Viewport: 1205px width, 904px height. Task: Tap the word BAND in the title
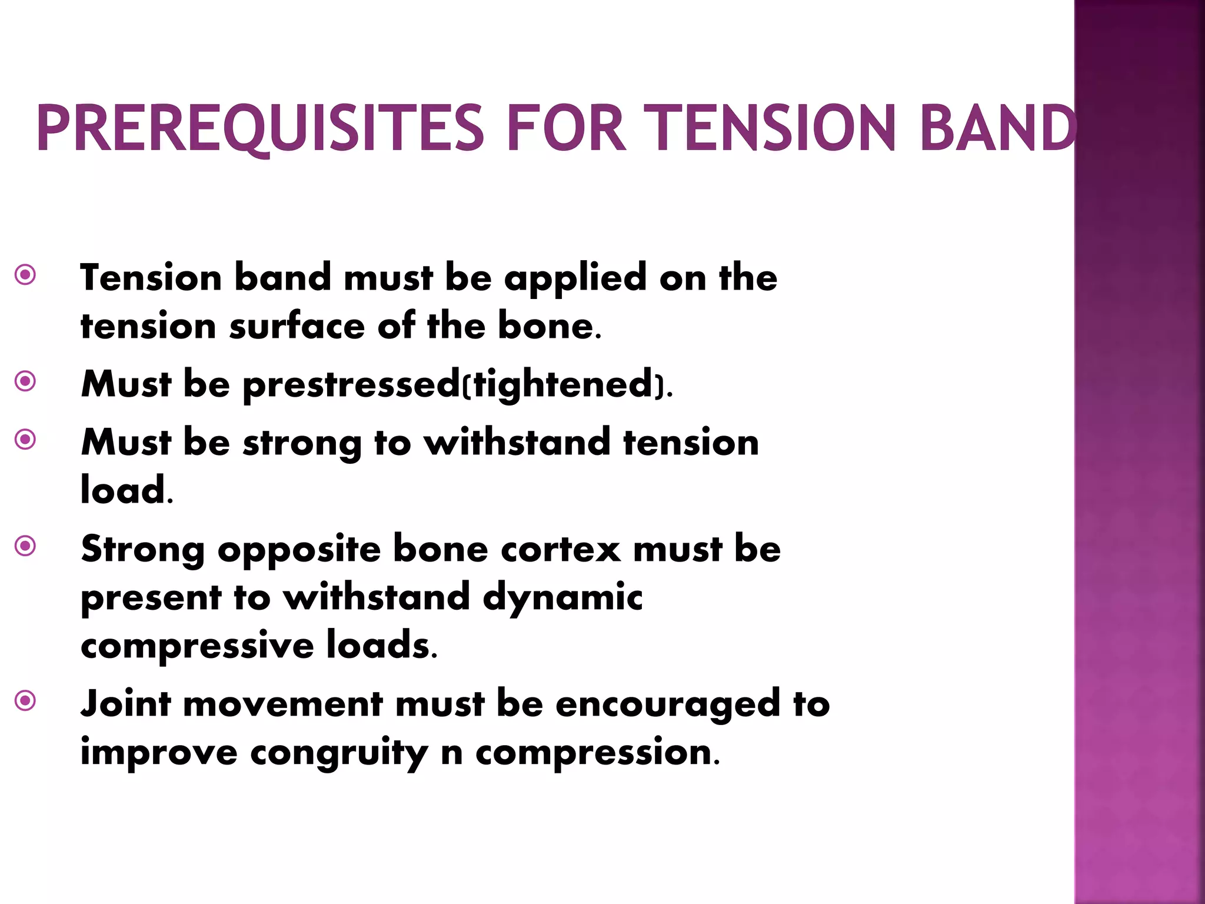tap(997, 128)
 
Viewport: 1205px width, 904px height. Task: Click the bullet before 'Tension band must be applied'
tap(25, 274)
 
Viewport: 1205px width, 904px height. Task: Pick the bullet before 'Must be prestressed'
tap(25, 381)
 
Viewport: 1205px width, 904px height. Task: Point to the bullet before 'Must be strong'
tap(25, 439)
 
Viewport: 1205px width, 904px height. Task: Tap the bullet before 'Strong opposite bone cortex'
tap(25, 546)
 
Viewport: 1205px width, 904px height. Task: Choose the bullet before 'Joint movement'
tap(25, 701)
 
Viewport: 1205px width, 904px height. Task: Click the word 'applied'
tap(575, 278)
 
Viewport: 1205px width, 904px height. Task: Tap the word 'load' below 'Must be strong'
tap(123, 490)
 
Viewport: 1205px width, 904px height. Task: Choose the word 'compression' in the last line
tap(594, 753)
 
